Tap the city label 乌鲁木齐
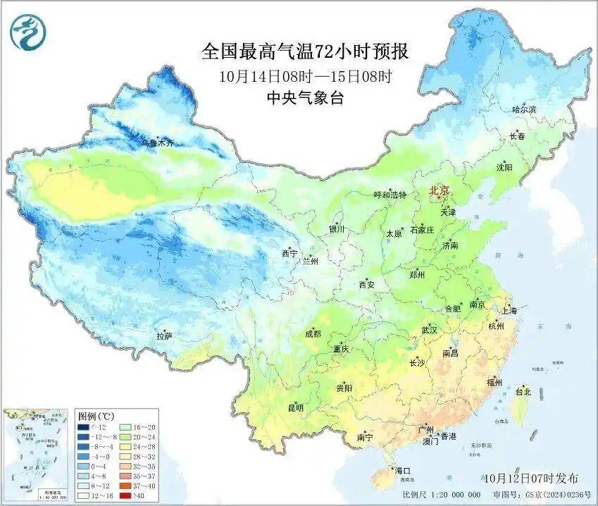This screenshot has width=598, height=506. point(156,143)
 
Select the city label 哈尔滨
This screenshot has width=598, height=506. point(524,110)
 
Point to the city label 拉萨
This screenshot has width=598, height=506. point(164,337)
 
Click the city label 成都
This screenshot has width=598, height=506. point(313,334)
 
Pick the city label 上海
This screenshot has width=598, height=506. point(509,310)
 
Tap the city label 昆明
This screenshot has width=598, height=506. point(295,407)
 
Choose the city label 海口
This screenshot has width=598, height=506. point(402,470)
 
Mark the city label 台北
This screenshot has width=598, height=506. point(523,391)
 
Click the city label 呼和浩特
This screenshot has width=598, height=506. point(390,195)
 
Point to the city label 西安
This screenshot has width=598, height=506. point(367,285)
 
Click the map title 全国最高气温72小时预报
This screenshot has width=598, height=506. point(305,51)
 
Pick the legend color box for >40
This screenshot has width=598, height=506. point(126,495)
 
